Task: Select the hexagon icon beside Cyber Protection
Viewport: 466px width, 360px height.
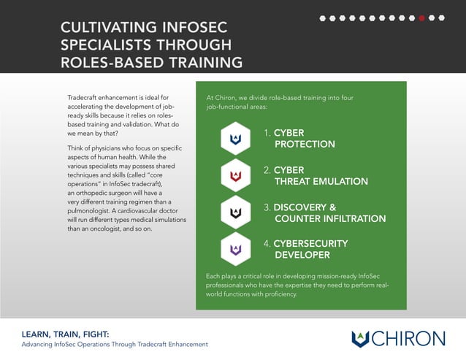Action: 235,139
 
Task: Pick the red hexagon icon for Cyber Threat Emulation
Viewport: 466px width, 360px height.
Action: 235,176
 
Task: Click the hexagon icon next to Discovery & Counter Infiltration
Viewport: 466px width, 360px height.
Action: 235,212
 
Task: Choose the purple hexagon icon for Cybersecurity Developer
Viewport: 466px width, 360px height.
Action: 235,249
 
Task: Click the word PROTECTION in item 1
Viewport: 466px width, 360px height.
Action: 305,145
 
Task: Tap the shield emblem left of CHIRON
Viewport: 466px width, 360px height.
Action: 360,339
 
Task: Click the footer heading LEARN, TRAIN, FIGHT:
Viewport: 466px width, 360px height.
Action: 65,334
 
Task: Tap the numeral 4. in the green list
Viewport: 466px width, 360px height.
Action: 267,243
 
